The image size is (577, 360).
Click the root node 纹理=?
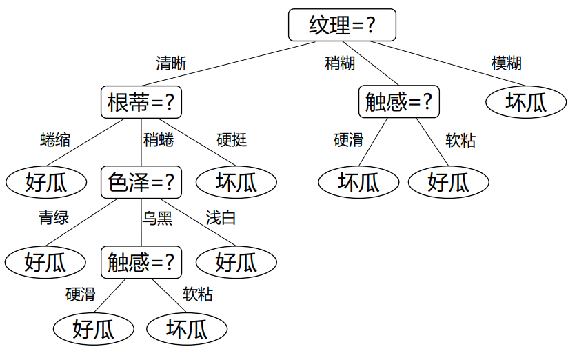point(342,25)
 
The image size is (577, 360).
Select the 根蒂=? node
point(141,102)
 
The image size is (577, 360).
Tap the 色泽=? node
point(141,182)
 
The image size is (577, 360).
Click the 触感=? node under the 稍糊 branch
point(399,101)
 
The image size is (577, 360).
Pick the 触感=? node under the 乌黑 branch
point(141,262)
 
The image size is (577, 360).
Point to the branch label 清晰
point(171,63)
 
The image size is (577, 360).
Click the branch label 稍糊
point(340,63)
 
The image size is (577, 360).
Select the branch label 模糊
point(507,63)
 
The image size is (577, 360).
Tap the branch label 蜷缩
point(55,140)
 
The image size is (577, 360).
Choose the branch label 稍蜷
point(159,140)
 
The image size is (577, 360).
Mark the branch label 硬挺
point(232,140)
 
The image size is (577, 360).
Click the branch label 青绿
point(54,217)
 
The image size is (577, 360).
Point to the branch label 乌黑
point(157,219)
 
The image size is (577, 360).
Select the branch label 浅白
point(221,218)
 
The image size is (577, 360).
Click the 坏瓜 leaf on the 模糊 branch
point(526,102)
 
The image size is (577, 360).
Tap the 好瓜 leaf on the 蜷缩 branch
point(46,182)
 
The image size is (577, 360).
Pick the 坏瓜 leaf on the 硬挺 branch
point(236,182)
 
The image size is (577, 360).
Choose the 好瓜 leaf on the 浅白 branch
point(236,262)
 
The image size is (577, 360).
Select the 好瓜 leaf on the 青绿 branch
point(45,262)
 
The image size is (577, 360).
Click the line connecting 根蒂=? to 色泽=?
point(141,142)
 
